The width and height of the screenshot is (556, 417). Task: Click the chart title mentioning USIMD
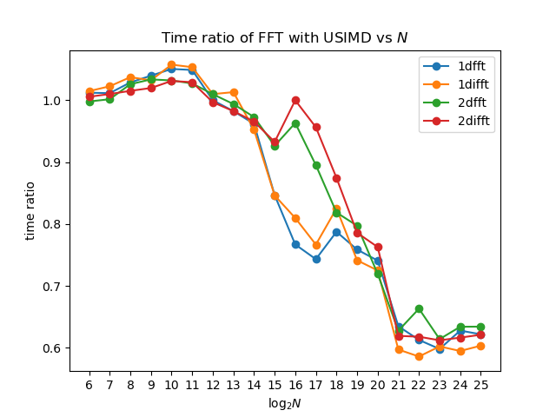pos(284,37)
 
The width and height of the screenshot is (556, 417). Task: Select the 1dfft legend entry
pos(454,66)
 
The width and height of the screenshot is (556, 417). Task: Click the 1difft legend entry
pos(456,84)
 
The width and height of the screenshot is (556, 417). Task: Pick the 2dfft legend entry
pos(454,103)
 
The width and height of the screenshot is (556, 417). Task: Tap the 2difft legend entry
pos(456,121)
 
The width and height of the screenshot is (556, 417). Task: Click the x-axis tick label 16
pos(295,385)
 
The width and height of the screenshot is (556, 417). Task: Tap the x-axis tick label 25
pos(480,385)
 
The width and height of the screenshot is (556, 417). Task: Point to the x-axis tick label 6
pos(89,385)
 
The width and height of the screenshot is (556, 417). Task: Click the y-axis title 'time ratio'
pos(30,211)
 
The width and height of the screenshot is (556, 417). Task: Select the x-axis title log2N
pos(285,403)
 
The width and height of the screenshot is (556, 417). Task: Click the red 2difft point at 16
pos(295,101)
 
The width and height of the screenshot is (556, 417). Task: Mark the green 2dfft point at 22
pos(419,309)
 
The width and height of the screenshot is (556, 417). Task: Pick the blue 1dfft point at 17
pos(316,260)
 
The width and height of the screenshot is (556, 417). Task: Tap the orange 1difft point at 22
pos(419,357)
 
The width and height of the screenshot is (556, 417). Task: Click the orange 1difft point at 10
pos(172,65)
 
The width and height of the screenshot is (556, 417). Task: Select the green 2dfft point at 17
pos(316,166)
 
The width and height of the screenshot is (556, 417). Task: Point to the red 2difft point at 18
pos(337,178)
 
